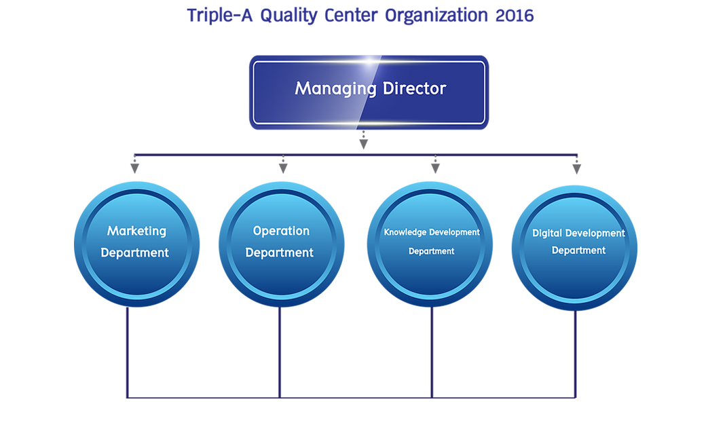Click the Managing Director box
[369, 92]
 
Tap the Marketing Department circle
[136, 244]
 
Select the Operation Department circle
[282, 244]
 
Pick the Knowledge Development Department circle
[430, 244]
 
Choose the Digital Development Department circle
[574, 248]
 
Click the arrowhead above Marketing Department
[134, 168]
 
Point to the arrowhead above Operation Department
[283, 168]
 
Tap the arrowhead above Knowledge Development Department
[435, 168]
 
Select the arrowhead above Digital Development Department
[576, 169]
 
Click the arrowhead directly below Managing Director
[364, 144]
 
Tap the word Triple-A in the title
[220, 16]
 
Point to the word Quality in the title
[288, 16]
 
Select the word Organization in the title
[436, 16]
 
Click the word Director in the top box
[414, 88]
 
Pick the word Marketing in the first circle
[136, 231]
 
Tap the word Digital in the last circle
[547, 234]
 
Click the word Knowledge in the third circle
[405, 231]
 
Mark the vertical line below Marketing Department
[128, 352]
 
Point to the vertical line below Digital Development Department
[576, 354]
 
